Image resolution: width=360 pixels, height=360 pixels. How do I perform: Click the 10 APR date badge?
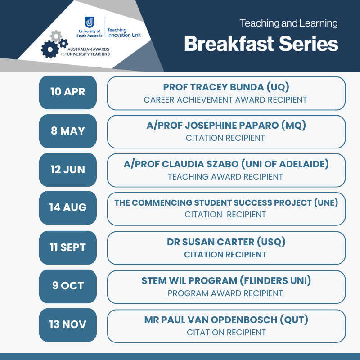click(x=68, y=92)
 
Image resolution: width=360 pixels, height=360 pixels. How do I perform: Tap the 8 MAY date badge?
click(x=68, y=131)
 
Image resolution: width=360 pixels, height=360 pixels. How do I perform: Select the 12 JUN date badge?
click(x=68, y=170)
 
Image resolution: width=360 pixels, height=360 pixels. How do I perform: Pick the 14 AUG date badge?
click(x=68, y=208)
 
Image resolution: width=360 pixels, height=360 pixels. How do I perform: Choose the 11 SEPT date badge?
click(x=68, y=248)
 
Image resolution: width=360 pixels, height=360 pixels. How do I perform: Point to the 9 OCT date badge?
click(x=68, y=286)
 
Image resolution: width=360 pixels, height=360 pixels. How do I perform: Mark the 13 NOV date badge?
click(x=68, y=325)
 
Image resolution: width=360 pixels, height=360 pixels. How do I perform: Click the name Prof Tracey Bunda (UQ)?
click(x=226, y=87)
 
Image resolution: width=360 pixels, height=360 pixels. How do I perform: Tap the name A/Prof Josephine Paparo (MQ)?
click(x=226, y=126)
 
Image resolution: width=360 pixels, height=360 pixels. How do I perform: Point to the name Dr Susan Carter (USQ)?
click(x=226, y=242)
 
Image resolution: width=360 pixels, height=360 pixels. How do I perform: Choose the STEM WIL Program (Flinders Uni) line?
click(x=226, y=281)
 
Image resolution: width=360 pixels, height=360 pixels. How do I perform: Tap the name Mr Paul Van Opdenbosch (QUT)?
click(x=226, y=320)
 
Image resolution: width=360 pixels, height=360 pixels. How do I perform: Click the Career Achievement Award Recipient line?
click(x=225, y=100)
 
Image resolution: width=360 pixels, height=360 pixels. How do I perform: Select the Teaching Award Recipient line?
click(x=225, y=177)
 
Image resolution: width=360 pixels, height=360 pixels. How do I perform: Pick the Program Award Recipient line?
click(x=225, y=293)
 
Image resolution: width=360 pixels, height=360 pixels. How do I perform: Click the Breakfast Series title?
click(x=261, y=44)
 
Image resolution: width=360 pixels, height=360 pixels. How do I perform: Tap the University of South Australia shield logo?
click(x=89, y=22)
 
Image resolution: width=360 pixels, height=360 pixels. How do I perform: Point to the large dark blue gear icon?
click(x=50, y=49)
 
